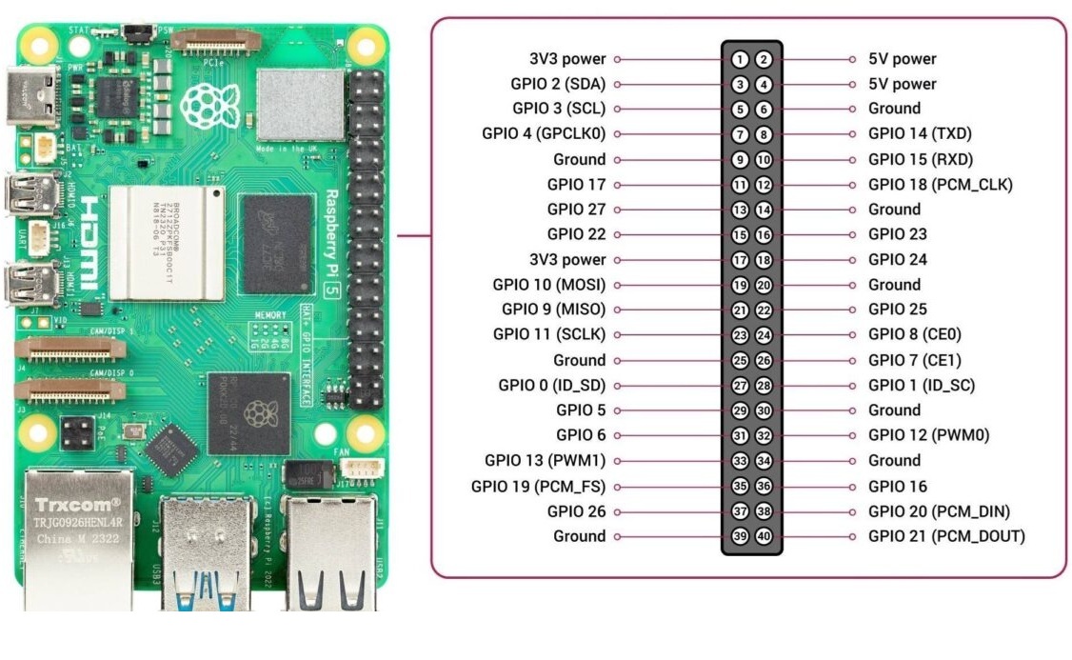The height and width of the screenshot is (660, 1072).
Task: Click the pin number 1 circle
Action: pyautogui.click(x=740, y=59)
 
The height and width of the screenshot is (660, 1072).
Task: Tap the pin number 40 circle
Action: pyautogui.click(x=764, y=536)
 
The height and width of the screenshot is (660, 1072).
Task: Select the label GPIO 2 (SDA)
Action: pyautogui.click(x=559, y=84)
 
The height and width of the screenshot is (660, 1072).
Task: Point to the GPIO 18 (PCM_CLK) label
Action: pyautogui.click(x=940, y=185)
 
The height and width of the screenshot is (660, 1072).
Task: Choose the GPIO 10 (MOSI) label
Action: pyautogui.click(x=549, y=284)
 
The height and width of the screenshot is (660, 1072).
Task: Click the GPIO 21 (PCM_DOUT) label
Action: pyautogui.click(x=946, y=536)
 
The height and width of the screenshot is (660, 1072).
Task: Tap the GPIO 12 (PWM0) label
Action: pyautogui.click(x=928, y=435)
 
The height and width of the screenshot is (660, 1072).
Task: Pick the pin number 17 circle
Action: pyautogui.click(x=740, y=259)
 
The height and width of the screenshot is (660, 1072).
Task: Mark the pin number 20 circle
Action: pyautogui.click(x=764, y=284)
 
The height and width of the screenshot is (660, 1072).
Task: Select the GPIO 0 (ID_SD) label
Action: pyautogui.click(x=552, y=386)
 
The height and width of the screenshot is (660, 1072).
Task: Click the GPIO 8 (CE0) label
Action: pyautogui.click(x=915, y=334)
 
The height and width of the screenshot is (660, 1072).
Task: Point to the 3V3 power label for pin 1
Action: pyautogui.click(x=567, y=59)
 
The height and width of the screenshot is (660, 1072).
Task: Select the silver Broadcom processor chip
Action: pyautogui.click(x=166, y=242)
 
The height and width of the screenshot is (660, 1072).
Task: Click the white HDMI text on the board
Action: pyautogui.click(x=88, y=244)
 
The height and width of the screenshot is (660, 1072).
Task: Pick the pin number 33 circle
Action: pyautogui.click(x=740, y=461)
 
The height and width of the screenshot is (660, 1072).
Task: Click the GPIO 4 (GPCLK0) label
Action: pyautogui.click(x=544, y=133)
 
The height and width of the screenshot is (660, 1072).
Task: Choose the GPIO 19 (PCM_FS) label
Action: pyautogui.click(x=538, y=486)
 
